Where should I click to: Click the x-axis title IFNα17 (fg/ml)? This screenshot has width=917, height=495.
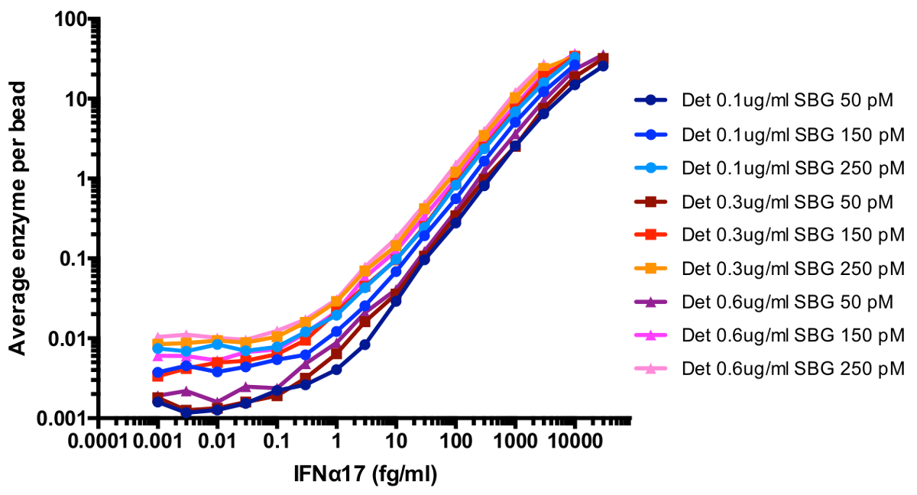[x=365, y=475]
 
